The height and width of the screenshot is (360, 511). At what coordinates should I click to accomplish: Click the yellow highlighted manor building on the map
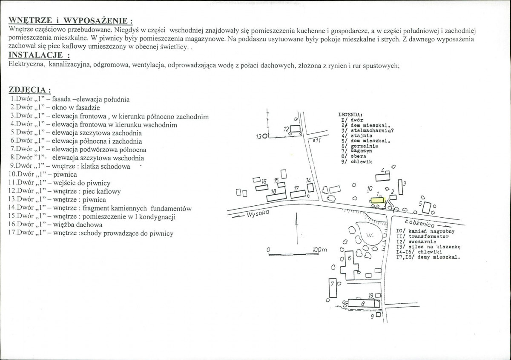(377, 199)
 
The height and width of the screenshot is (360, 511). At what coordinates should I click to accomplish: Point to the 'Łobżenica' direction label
(420, 222)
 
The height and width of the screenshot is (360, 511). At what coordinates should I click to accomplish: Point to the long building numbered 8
(363, 303)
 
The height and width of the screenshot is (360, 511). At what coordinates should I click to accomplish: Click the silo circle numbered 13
(265, 137)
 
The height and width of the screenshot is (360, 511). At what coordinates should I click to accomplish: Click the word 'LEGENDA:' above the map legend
(350, 115)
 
